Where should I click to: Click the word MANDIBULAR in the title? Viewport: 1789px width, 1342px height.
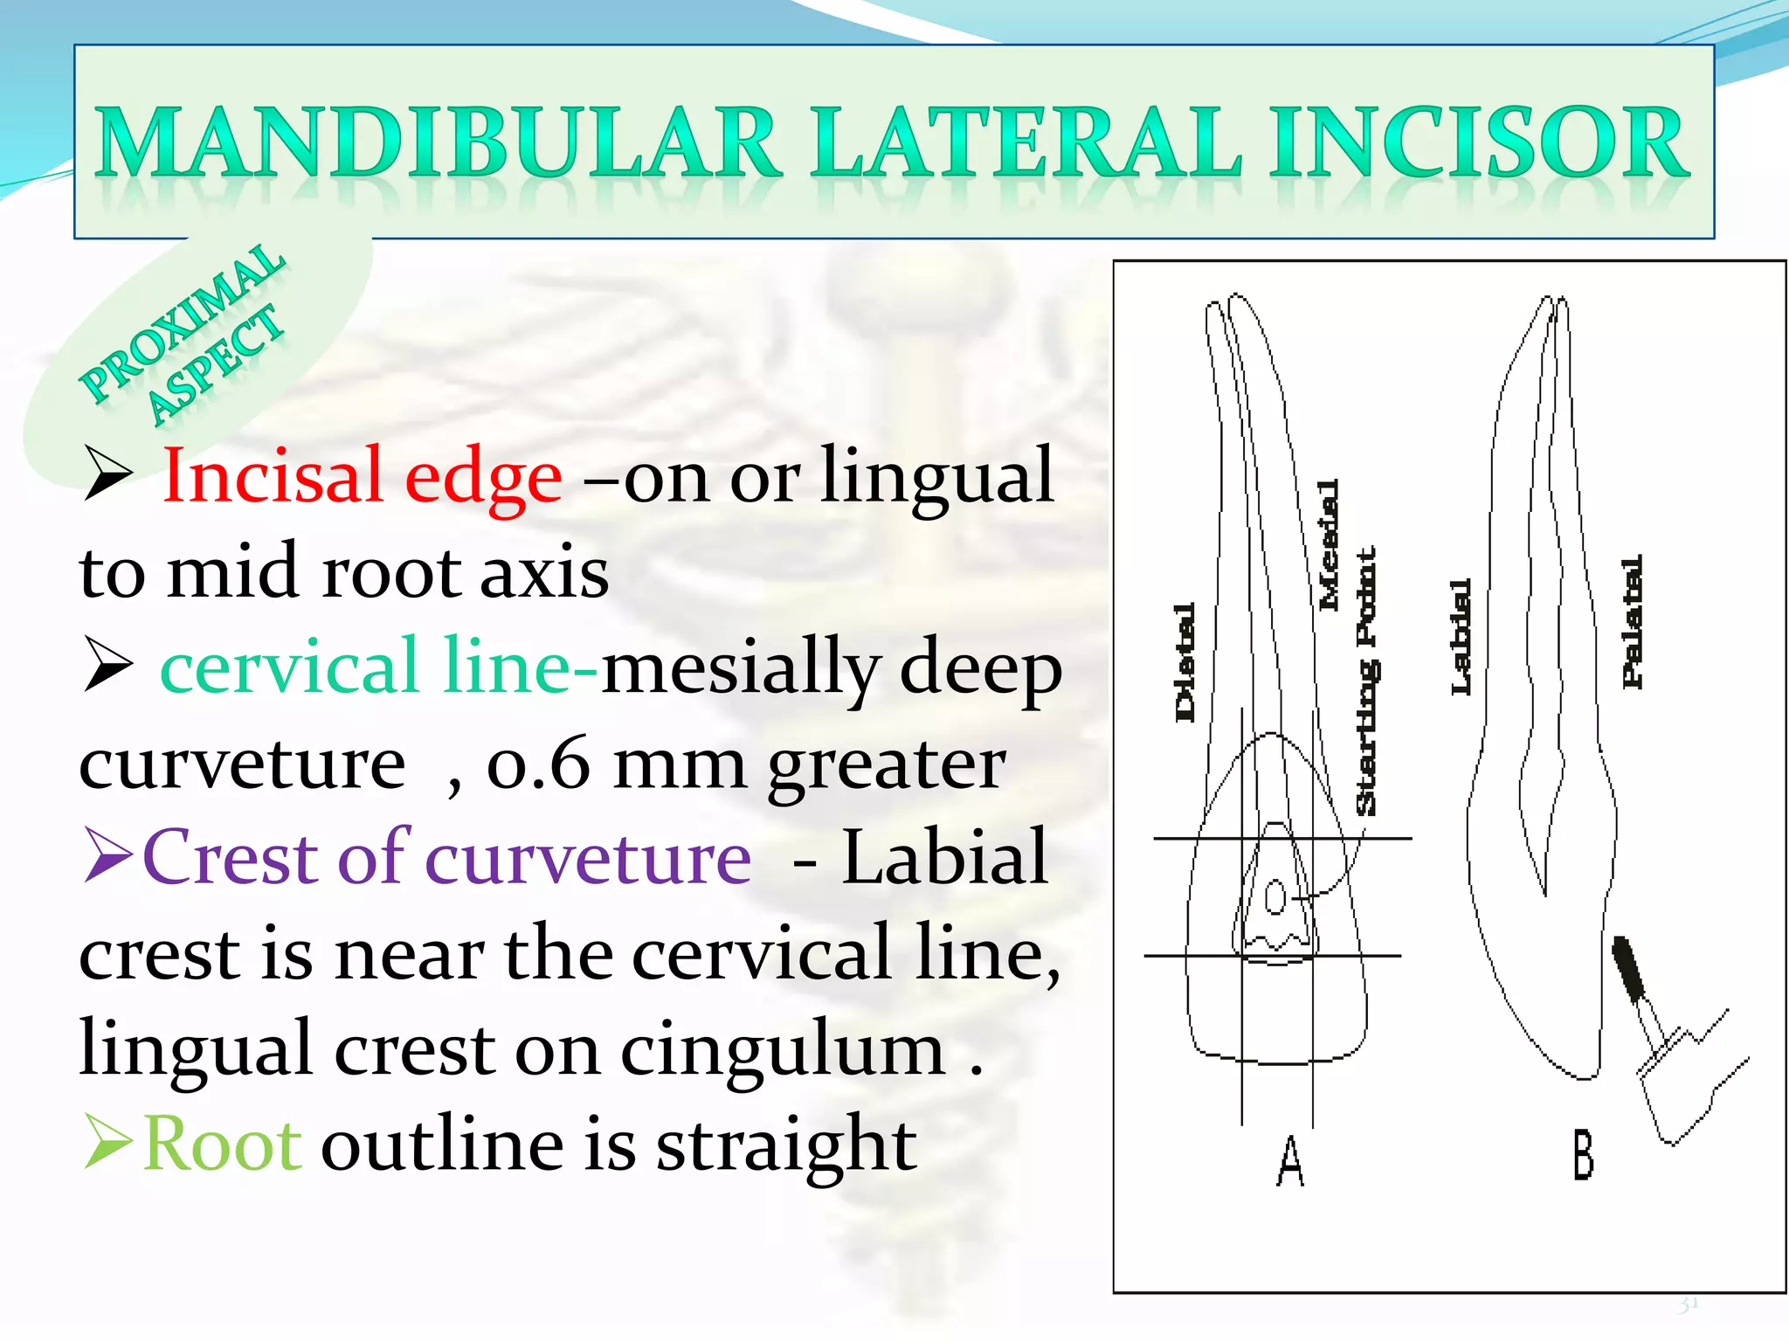click(x=437, y=142)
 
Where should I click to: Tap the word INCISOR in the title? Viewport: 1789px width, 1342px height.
click(x=1478, y=142)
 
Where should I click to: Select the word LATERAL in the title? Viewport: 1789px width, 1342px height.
click(x=1026, y=142)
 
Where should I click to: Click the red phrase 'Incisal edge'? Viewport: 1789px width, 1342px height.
click(x=363, y=477)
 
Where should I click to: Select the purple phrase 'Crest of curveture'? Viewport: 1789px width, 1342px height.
click(x=446, y=858)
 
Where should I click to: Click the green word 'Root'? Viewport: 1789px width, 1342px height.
click(x=223, y=1145)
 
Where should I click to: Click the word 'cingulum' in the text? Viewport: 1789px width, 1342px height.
click(x=783, y=1048)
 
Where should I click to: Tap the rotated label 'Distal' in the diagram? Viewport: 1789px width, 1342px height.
click(x=1184, y=662)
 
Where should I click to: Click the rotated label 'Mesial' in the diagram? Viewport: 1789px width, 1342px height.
click(x=1328, y=544)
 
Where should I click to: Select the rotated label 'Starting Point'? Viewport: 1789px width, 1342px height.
click(x=1366, y=681)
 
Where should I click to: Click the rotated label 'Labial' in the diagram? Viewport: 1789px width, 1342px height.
click(x=1461, y=637)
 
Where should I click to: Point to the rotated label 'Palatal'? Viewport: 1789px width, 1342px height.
click(x=1632, y=621)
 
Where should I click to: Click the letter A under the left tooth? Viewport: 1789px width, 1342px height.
click(x=1290, y=1161)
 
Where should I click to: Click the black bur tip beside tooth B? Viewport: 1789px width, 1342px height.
click(x=1629, y=969)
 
